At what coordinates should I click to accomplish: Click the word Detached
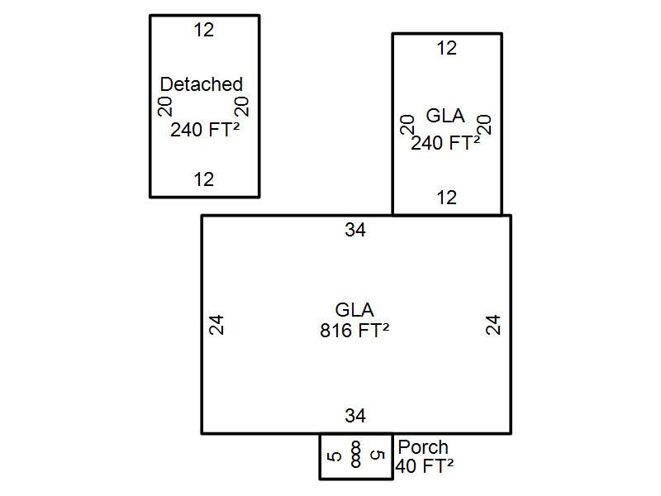202,84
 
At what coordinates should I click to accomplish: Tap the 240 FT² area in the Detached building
205,130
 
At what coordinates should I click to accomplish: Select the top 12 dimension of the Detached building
204,30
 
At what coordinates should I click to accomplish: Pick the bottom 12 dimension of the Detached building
204,179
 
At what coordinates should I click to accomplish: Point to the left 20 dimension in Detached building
165,107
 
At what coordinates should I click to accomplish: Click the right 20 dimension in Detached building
241,107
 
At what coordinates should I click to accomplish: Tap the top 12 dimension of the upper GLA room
446,49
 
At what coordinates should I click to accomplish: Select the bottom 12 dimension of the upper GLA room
446,198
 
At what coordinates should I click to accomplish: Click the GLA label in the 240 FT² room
445,116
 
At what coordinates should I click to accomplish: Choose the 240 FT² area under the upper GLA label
445,143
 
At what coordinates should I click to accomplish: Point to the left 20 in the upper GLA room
407,125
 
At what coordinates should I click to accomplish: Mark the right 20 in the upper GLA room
485,125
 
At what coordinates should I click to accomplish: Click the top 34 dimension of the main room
355,230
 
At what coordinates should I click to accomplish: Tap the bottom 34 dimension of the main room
355,416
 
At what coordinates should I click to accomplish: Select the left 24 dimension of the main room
216,325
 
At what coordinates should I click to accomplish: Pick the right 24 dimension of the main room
493,325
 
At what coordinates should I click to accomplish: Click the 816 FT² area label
354,331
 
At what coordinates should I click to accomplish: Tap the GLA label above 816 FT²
354,310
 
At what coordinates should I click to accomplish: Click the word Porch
423,447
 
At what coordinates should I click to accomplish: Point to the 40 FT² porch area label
425,466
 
